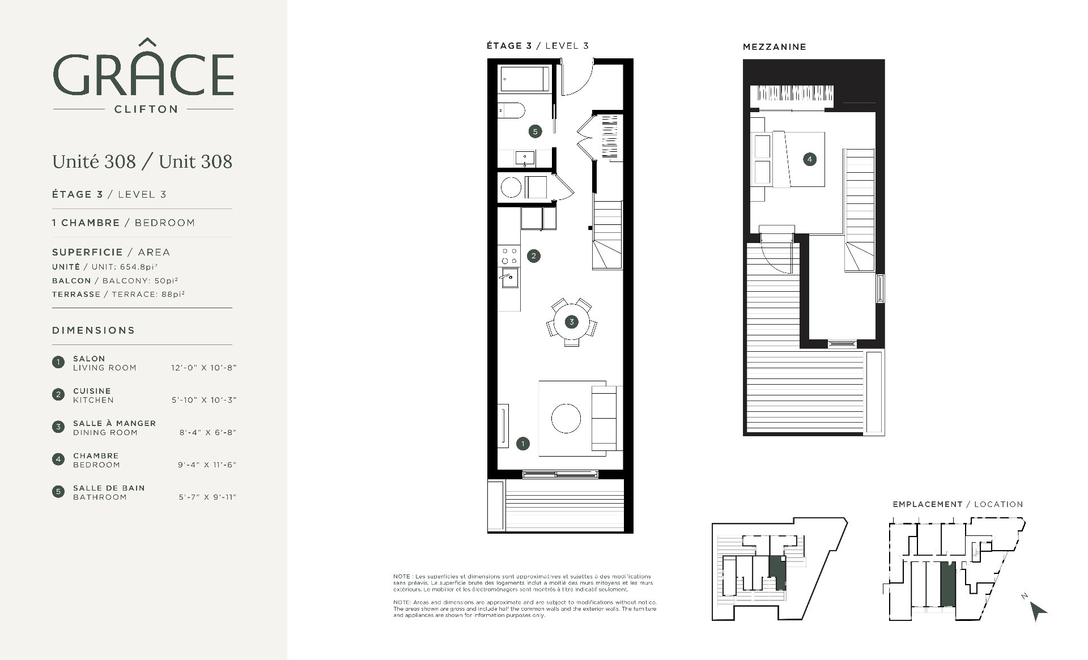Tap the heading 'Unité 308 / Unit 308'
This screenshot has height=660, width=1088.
[x=142, y=161]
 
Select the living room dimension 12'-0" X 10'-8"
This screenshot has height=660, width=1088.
[x=203, y=368]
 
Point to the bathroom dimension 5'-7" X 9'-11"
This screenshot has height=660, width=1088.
[x=207, y=497]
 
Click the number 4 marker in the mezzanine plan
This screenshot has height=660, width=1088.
[x=809, y=159]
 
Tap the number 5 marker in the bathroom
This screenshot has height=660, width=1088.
[x=534, y=131]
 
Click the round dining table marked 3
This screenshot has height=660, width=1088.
[x=571, y=322]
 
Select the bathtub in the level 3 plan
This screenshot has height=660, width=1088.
[x=524, y=79]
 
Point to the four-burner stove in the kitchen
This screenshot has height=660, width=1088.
[x=509, y=256]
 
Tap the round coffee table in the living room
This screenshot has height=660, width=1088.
[x=566, y=419]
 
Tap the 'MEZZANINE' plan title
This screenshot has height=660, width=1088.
[x=774, y=47]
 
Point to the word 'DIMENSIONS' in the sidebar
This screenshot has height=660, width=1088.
[x=93, y=330]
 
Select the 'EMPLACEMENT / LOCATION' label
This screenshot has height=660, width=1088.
[x=958, y=504]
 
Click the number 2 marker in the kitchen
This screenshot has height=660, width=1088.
[x=533, y=256]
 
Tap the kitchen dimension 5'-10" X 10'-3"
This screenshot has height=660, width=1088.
[x=204, y=400]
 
